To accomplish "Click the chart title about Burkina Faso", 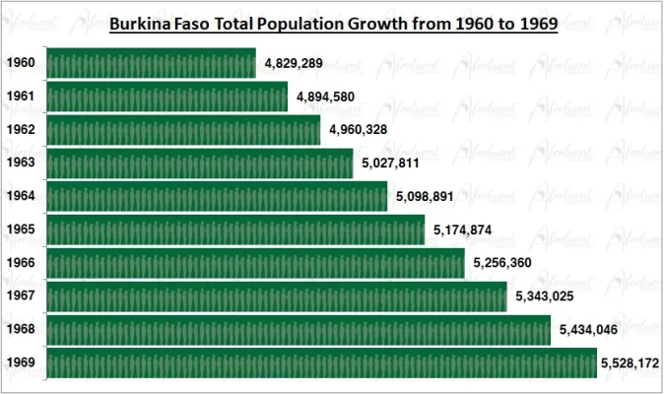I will [333, 23].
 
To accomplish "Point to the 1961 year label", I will [21, 98].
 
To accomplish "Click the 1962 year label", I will [21, 130].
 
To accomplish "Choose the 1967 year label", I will [21, 296].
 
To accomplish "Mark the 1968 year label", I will [21, 330].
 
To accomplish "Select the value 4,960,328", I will [358, 130].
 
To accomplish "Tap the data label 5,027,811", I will [390, 164].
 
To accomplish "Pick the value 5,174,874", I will [462, 230].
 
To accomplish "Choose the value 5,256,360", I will [502, 264].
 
